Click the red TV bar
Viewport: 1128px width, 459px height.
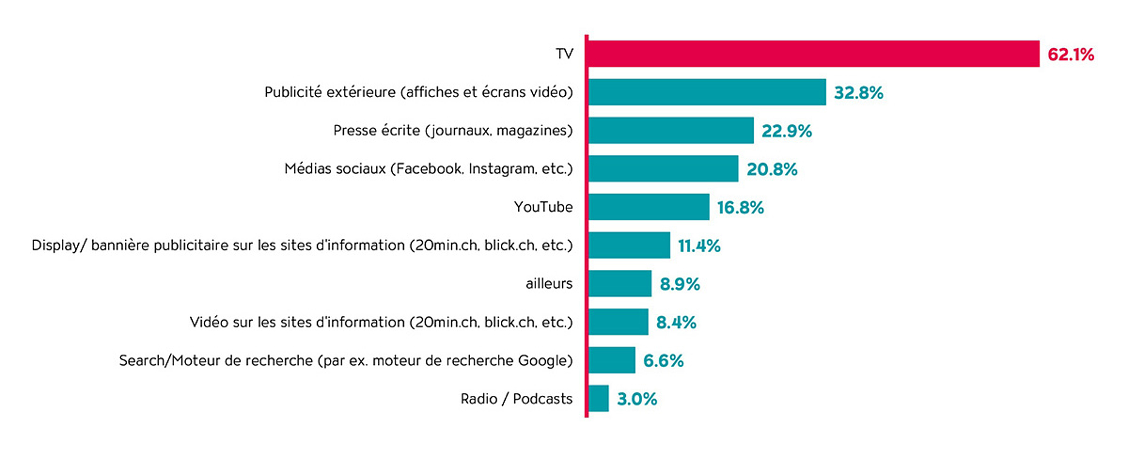tap(813, 54)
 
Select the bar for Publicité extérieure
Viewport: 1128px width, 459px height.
tap(707, 92)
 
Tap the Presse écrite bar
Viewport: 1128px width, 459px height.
tap(670, 130)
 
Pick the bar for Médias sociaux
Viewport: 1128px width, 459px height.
tap(663, 169)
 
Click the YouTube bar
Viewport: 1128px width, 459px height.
tap(648, 207)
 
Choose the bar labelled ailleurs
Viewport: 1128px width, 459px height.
tap(619, 283)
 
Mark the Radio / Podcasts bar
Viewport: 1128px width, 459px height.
tap(598, 398)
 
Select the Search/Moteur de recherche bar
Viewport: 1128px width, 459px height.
tap(611, 360)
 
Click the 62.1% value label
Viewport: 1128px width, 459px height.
tap(1070, 55)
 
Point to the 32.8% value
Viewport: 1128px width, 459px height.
tap(858, 93)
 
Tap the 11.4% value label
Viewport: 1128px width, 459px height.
tap(699, 246)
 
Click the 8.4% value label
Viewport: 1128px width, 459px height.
tap(676, 322)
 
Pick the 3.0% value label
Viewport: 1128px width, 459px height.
tap(637, 399)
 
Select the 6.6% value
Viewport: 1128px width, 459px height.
tap(663, 361)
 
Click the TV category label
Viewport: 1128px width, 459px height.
tap(564, 54)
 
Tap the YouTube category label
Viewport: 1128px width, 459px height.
tap(543, 207)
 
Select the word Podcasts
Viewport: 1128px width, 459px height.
tap(542, 398)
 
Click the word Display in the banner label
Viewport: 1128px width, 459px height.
tap(56, 246)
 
